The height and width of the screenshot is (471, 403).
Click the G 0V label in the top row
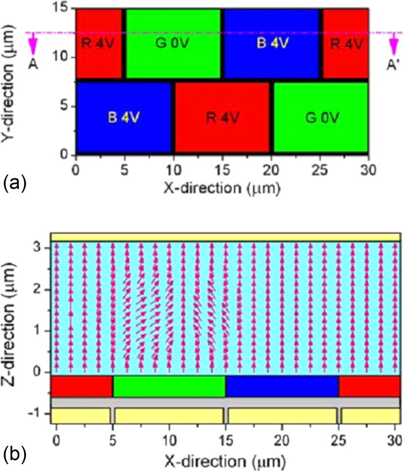click(173, 43)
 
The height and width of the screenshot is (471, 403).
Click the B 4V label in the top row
click(271, 43)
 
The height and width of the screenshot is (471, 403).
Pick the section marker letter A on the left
click(33, 64)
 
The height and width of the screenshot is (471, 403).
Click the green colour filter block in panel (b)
click(169, 386)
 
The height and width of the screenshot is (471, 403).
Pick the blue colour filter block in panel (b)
click(282, 386)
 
